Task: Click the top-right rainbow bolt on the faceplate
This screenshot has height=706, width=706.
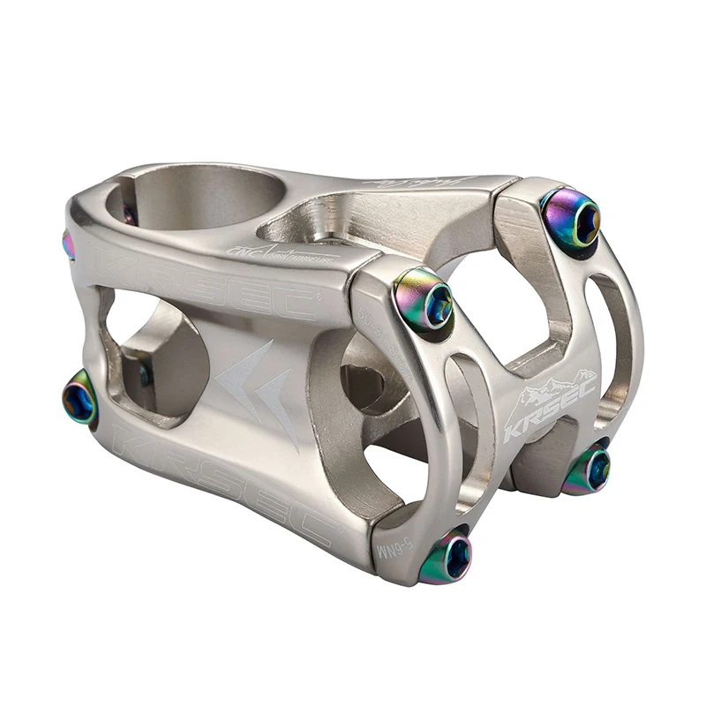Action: [x=571, y=219]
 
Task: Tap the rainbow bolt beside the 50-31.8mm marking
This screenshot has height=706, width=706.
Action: [x=424, y=300]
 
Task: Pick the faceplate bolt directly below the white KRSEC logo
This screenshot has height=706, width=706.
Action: [x=587, y=469]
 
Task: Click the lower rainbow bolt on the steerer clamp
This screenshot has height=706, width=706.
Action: [x=80, y=400]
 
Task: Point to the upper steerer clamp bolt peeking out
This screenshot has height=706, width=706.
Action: [x=68, y=244]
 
